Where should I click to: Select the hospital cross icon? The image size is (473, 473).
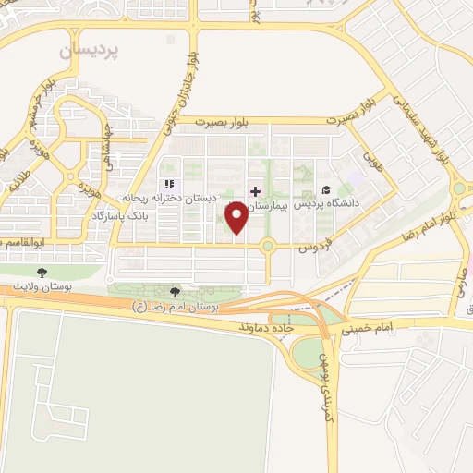(x=255, y=191)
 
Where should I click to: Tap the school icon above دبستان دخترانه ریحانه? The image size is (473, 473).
(x=167, y=184)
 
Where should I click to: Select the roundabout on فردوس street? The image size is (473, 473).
(x=268, y=246)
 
